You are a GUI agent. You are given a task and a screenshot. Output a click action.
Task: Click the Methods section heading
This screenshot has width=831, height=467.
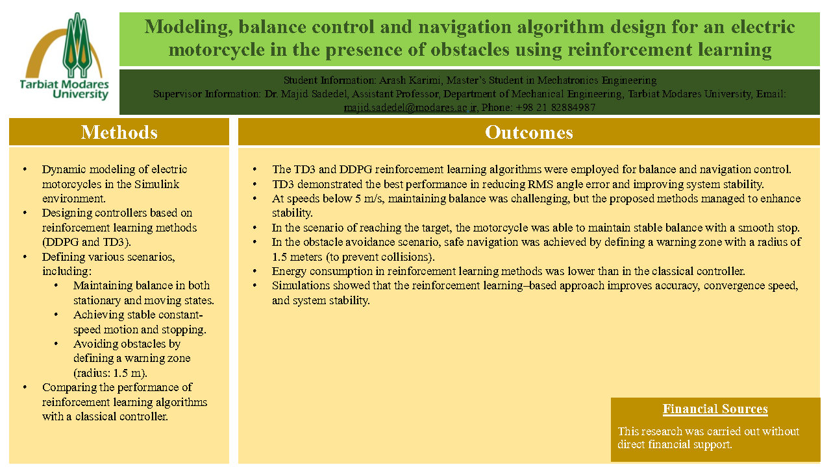point(119,132)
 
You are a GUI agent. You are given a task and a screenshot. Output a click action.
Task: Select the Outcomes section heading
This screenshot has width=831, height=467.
point(528,132)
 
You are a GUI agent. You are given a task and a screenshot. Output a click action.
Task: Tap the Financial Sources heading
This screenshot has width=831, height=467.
point(715,409)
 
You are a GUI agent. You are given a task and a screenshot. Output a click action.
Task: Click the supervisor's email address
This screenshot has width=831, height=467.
point(410,108)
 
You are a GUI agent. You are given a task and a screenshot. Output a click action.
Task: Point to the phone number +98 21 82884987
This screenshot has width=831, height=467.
point(556,108)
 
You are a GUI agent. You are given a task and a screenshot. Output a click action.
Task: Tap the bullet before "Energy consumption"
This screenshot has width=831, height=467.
point(256,271)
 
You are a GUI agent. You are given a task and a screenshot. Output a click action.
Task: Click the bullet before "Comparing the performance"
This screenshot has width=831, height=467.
point(25,387)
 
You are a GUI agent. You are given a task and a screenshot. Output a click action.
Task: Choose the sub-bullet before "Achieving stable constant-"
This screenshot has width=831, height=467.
point(58,315)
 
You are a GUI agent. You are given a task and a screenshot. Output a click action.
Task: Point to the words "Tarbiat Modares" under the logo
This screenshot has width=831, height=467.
point(68,84)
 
